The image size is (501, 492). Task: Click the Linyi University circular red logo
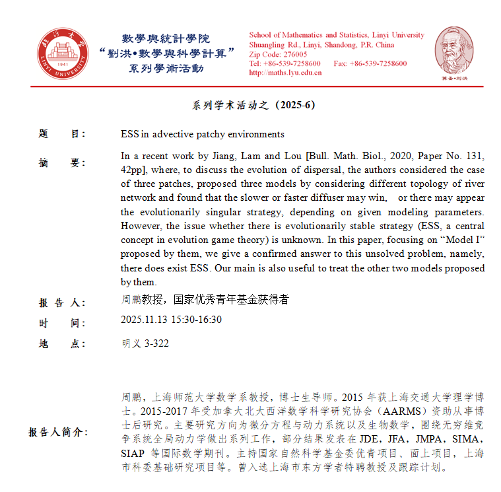click(61, 52)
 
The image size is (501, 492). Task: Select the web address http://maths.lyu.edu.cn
click(285, 73)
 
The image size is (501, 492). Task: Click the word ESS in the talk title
click(129, 134)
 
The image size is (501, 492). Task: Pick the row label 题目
click(62, 134)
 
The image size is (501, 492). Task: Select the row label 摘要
click(62, 162)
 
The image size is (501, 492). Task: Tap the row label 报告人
click(62, 302)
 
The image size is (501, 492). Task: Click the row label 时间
click(62, 322)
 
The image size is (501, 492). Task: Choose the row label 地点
click(62, 343)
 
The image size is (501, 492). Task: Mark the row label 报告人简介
click(57, 432)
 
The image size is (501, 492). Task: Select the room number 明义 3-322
click(145, 343)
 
